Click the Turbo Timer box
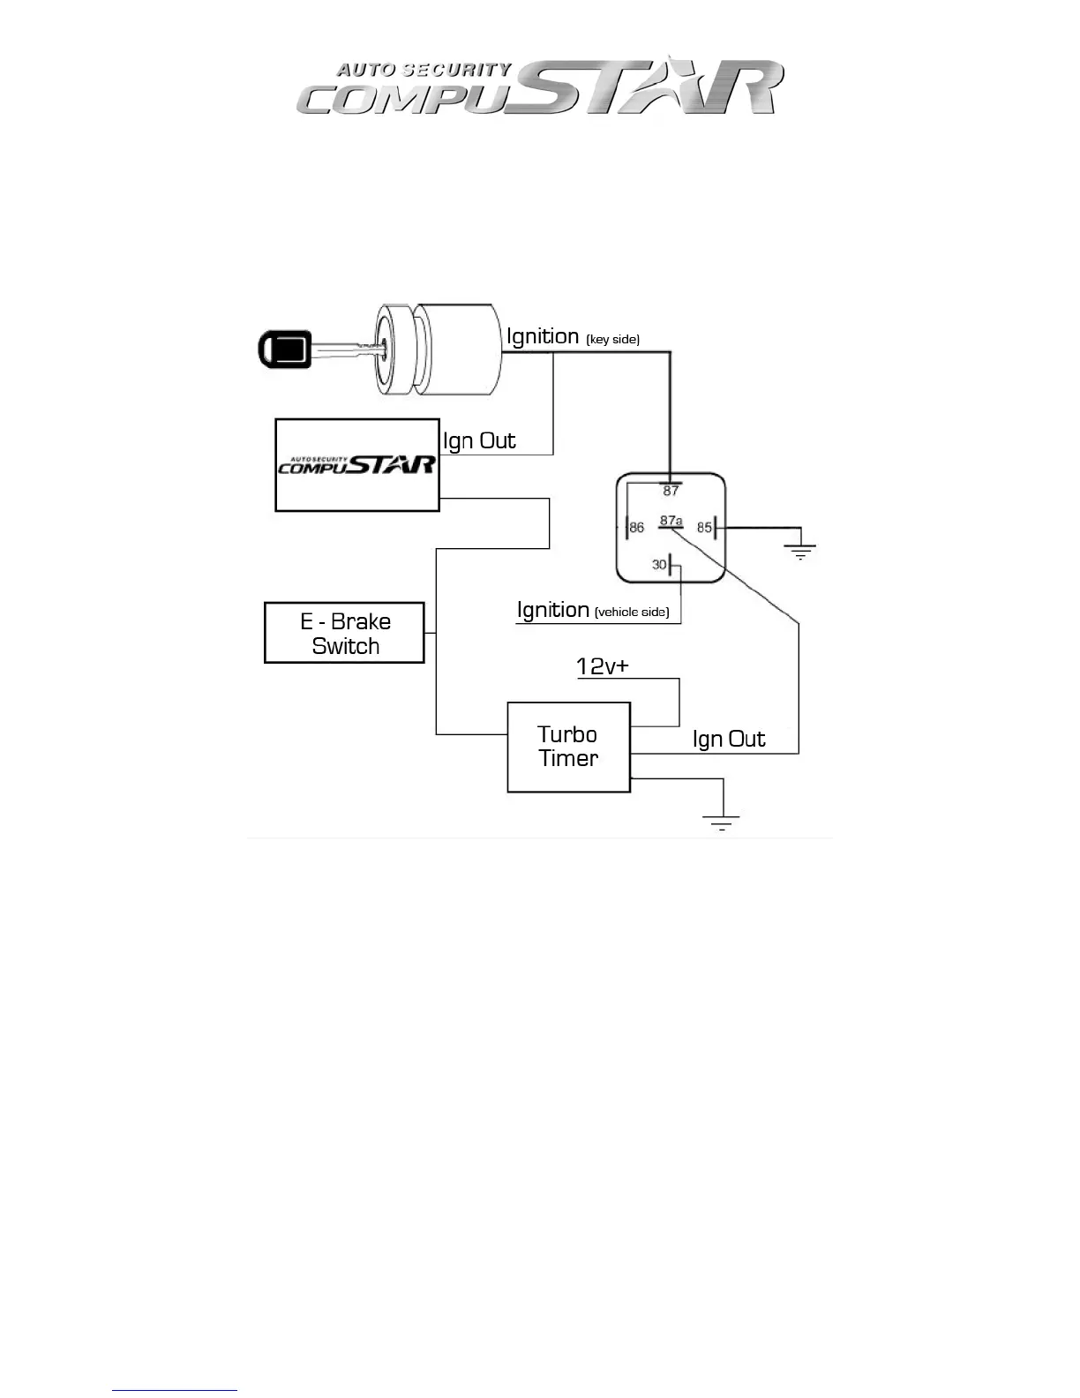coord(568,747)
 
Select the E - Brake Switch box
coord(344,633)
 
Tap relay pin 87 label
coord(671,492)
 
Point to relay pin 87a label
coord(671,521)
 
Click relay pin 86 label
coord(637,528)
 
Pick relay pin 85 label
coord(704,528)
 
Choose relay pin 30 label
coord(659,565)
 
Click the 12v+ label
coord(603,666)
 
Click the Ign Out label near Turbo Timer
coord(729,740)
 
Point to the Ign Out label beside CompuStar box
coord(479,441)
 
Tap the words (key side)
coord(612,340)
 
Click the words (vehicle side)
coord(632,613)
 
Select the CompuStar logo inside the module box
coord(357,464)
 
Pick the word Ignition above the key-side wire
coord(543,336)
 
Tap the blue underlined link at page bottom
coord(175,1390)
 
